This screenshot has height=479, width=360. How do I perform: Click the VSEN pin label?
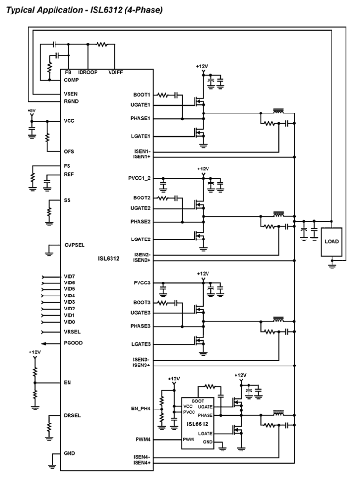pyautogui.click(x=71, y=93)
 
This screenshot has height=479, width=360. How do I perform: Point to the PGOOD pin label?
pyautogui.click(x=73, y=343)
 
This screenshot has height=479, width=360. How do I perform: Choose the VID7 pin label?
pyautogui.click(x=69, y=277)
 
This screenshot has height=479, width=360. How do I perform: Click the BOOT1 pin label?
pyautogui.click(x=142, y=95)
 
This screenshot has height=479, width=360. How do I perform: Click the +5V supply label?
pyautogui.click(x=32, y=111)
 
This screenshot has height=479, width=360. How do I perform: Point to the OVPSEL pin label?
pyautogui.click(x=74, y=245)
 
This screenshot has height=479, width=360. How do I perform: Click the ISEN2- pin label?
pyautogui.click(x=142, y=254)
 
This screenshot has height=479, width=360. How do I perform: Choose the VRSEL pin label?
pyautogui.click(x=71, y=332)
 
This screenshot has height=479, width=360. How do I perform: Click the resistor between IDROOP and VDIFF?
pyautogui.click(x=101, y=44)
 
